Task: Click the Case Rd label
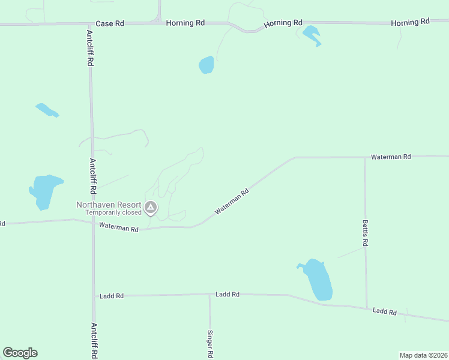click(x=110, y=23)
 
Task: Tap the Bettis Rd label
click(x=365, y=233)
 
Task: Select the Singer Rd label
click(x=210, y=344)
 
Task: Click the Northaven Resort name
click(x=108, y=205)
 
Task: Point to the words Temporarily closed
click(x=113, y=212)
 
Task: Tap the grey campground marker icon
click(x=151, y=208)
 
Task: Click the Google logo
click(x=20, y=353)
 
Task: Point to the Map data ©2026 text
click(x=423, y=355)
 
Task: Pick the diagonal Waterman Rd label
click(x=232, y=203)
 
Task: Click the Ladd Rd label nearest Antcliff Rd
click(x=112, y=296)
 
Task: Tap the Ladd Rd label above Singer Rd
click(x=228, y=295)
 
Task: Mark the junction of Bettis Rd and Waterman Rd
click(x=365, y=158)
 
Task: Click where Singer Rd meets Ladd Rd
click(x=209, y=295)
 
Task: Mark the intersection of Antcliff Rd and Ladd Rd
click(x=93, y=296)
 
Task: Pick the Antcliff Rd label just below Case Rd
click(x=89, y=48)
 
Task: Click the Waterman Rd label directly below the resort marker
click(x=119, y=227)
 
